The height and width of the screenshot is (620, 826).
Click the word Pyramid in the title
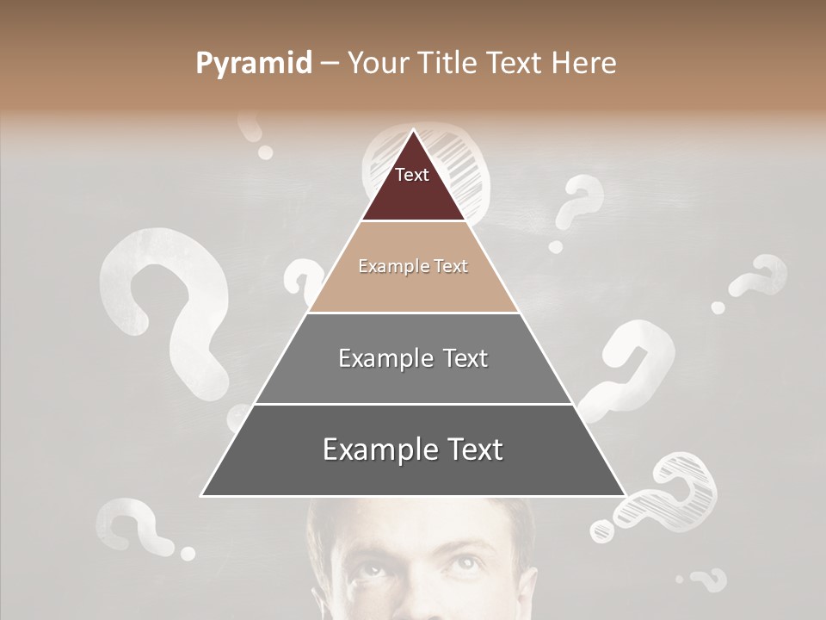point(254,64)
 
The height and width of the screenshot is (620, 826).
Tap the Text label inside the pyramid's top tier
point(412,175)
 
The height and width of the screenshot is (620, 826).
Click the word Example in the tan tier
point(386,266)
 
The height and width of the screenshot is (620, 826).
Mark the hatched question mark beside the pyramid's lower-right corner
point(671,495)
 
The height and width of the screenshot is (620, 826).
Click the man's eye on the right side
point(461,565)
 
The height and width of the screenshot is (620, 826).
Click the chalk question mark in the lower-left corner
point(138,525)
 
